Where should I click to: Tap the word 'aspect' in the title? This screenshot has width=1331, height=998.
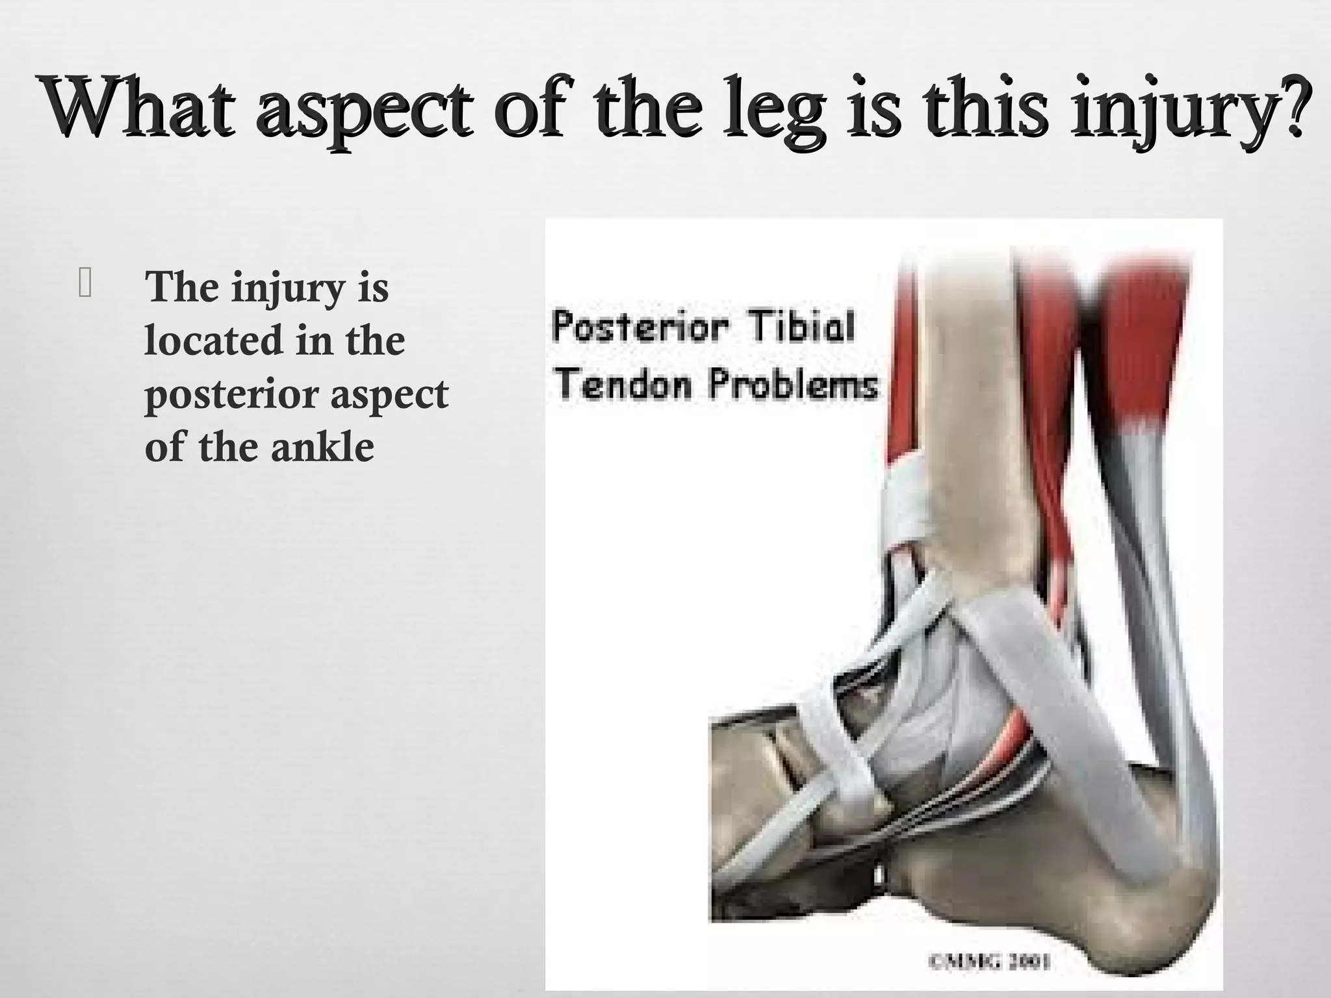365,110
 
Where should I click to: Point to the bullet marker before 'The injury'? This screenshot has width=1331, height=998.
85,285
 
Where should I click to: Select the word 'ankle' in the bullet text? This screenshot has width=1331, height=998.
322,447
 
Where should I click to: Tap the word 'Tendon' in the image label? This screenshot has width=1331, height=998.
625,384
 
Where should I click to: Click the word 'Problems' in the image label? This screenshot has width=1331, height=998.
793,384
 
